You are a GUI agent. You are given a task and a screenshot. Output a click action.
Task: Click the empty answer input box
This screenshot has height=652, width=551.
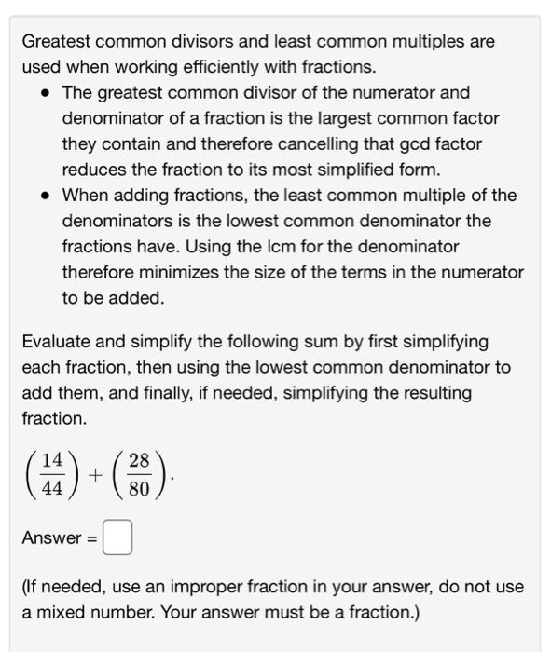point(117,538)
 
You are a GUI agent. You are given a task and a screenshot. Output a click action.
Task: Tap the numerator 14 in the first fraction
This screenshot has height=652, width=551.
point(53,460)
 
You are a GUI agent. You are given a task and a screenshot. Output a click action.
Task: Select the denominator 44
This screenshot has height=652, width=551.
point(53,487)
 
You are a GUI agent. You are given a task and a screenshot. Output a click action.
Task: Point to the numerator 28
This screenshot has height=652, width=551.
point(139,460)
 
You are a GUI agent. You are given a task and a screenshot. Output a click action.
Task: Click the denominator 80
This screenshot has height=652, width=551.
point(139,487)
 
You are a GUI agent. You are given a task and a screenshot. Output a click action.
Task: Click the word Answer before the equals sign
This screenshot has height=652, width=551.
point(52,538)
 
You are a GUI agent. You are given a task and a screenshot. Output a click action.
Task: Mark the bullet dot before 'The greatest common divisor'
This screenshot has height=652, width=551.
point(43,93)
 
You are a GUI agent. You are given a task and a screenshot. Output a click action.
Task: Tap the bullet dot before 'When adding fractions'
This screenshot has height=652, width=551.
point(43,196)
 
